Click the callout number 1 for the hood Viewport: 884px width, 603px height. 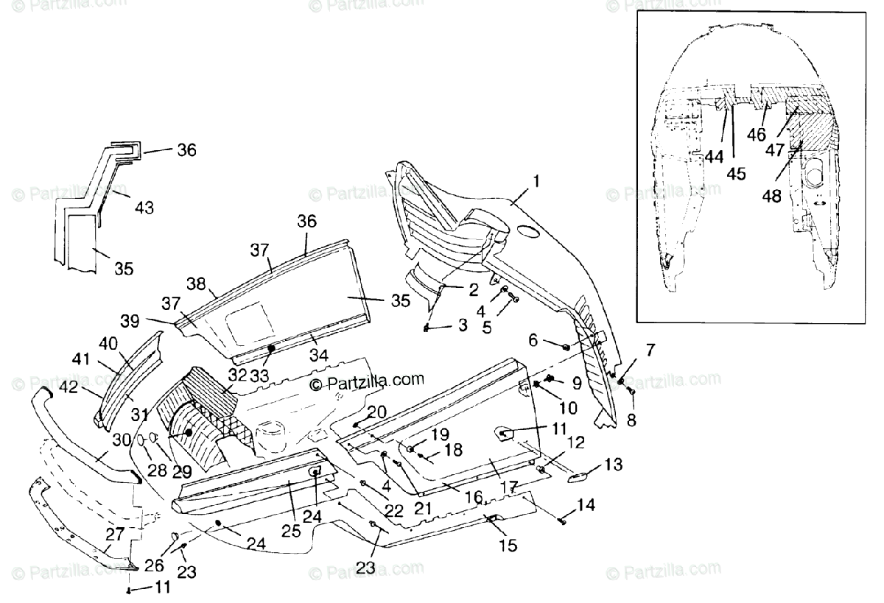(x=536, y=181)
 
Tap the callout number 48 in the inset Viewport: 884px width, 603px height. (x=771, y=196)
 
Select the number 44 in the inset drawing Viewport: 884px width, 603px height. (x=715, y=157)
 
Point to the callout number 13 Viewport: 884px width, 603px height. (x=614, y=464)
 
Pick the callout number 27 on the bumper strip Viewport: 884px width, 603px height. (x=115, y=534)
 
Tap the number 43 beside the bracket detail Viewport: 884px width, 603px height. (x=144, y=208)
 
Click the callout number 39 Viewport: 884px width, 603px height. (x=130, y=321)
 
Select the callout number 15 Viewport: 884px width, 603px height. (x=508, y=546)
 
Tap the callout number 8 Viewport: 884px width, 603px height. (x=631, y=421)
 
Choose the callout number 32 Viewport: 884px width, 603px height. (x=237, y=375)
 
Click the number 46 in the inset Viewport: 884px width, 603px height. (x=757, y=135)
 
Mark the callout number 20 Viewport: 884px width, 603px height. (x=376, y=412)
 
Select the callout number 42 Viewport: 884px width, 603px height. (x=69, y=387)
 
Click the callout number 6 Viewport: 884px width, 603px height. (x=533, y=339)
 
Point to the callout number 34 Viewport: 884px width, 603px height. (x=319, y=355)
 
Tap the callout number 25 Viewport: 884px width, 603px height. (x=291, y=531)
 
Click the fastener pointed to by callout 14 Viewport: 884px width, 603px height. (x=563, y=522)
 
